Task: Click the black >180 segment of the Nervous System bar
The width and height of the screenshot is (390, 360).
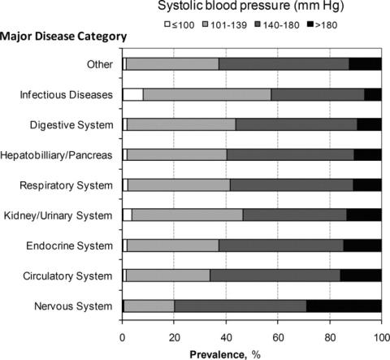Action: [x=344, y=306]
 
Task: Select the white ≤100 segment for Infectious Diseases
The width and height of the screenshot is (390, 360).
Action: [x=133, y=94]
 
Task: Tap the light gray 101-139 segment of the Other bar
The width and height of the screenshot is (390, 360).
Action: [x=173, y=64]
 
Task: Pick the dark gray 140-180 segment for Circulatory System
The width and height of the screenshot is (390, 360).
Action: [x=275, y=275]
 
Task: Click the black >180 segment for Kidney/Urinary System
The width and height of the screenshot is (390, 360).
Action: [x=364, y=215]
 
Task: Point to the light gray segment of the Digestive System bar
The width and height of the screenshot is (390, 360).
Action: [x=181, y=124]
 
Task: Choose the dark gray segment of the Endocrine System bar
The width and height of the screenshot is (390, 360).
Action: [x=281, y=245]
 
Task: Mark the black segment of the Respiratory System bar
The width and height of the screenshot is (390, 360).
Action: [x=367, y=185]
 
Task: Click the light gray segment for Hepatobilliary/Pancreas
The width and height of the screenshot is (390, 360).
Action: [x=177, y=155]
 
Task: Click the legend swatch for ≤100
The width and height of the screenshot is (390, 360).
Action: [x=167, y=24]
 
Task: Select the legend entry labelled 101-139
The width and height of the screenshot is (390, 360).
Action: [x=224, y=25]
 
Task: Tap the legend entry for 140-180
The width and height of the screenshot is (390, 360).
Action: [x=277, y=25]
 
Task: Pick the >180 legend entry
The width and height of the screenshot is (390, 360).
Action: [x=322, y=25]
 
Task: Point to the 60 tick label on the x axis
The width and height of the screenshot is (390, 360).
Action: [x=278, y=337]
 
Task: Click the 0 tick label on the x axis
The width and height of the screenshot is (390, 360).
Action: [x=123, y=337]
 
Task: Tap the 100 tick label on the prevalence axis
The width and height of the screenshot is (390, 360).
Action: [x=381, y=337]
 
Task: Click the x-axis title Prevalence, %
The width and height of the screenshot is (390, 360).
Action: [x=225, y=354]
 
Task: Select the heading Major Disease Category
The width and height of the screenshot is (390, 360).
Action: [x=63, y=37]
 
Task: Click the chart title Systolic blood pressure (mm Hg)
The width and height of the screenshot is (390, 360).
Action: [x=251, y=6]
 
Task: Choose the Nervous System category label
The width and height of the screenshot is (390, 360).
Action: [x=73, y=306]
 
